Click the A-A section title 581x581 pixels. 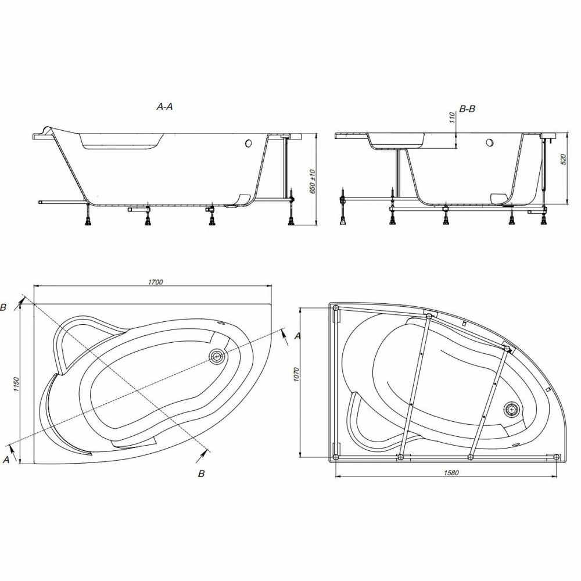coord(165,107)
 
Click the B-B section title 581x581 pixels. coord(467,109)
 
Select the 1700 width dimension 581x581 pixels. coord(156,282)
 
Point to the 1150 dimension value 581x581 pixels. coord(16,385)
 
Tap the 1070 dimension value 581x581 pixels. coord(296,375)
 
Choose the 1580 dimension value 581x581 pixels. coord(451,473)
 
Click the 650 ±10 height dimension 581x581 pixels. coord(312,181)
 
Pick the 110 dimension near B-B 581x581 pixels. coord(452,118)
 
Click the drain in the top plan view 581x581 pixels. coord(217,357)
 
